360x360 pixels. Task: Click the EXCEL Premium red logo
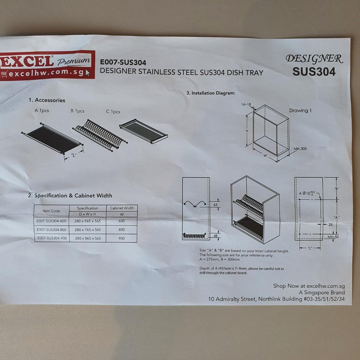coord(47,65)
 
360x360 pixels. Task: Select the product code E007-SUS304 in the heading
coord(123,62)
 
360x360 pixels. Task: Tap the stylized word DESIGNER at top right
coord(314,59)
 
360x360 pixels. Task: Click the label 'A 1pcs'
coord(42,110)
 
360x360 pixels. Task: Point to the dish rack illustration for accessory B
coord(100,134)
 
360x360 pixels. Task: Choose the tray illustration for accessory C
coord(143,131)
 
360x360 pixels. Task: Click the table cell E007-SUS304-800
coord(52,230)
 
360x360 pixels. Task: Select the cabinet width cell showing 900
coord(122,238)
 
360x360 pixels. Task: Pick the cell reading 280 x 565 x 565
coord(88,221)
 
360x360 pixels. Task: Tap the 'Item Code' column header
coord(51,211)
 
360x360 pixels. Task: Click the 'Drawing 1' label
coord(300,111)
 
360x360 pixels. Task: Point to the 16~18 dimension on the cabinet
coord(246,104)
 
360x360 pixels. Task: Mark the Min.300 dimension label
coord(300,149)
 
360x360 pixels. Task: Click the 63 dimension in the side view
coord(215,204)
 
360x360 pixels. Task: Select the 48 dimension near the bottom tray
coord(215,236)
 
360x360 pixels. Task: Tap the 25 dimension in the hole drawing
coord(330,225)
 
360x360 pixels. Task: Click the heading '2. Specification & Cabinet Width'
coord(70,196)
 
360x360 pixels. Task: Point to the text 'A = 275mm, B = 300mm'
coord(219,259)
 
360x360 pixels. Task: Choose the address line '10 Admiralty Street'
coord(276,299)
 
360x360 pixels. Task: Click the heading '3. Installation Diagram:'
coord(211,93)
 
